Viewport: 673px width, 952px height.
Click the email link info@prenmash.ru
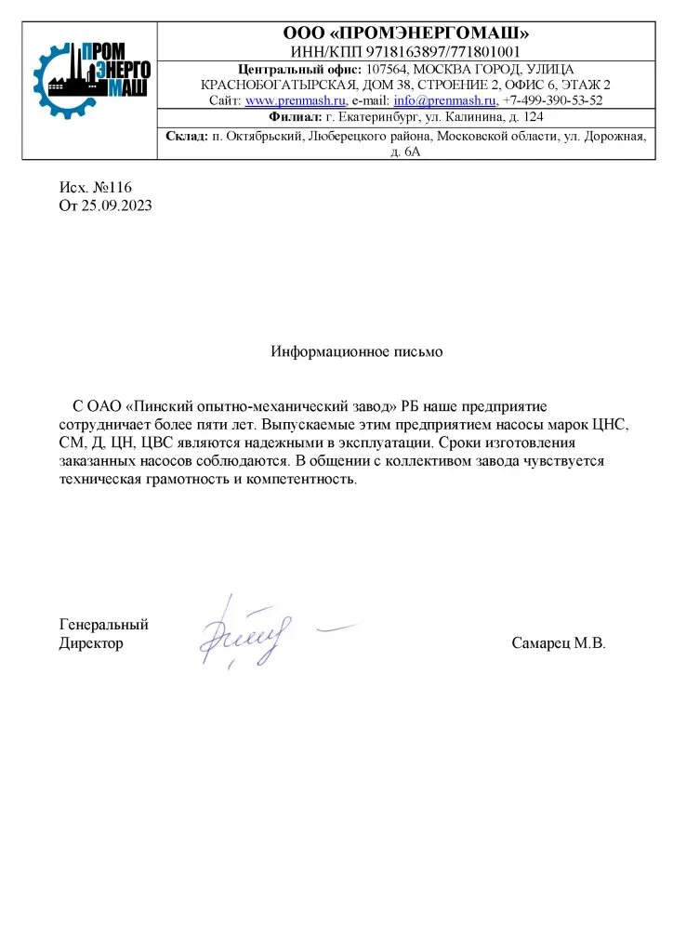[445, 100]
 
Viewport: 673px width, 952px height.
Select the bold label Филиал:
[295, 117]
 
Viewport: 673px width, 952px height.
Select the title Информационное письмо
[357, 352]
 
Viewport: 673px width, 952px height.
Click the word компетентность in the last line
[297, 480]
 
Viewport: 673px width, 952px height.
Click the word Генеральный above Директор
[103, 625]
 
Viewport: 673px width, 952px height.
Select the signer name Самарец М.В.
[558, 643]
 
